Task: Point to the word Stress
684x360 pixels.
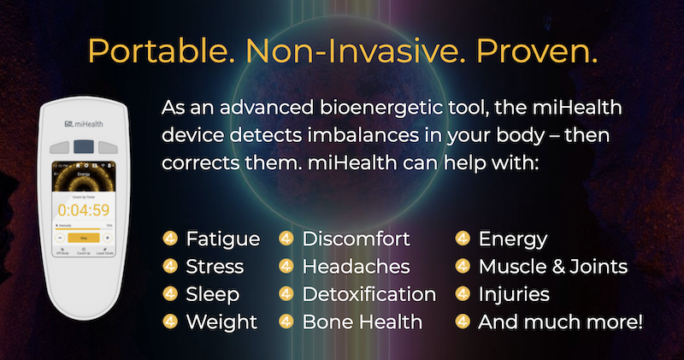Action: pos(215,267)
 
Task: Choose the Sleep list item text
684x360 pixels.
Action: pos(213,294)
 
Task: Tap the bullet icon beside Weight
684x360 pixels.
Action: pos(170,322)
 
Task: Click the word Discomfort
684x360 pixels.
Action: pos(357,239)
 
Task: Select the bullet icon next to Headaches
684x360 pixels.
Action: pos(286,267)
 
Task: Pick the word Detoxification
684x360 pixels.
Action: pos(369,294)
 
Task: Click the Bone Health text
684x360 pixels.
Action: pos(363,322)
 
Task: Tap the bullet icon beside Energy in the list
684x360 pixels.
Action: pos(463,239)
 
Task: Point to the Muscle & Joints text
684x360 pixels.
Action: pos(553,267)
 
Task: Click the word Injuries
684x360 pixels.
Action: pos(514,294)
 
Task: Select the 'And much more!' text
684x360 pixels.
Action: pos(560,322)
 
